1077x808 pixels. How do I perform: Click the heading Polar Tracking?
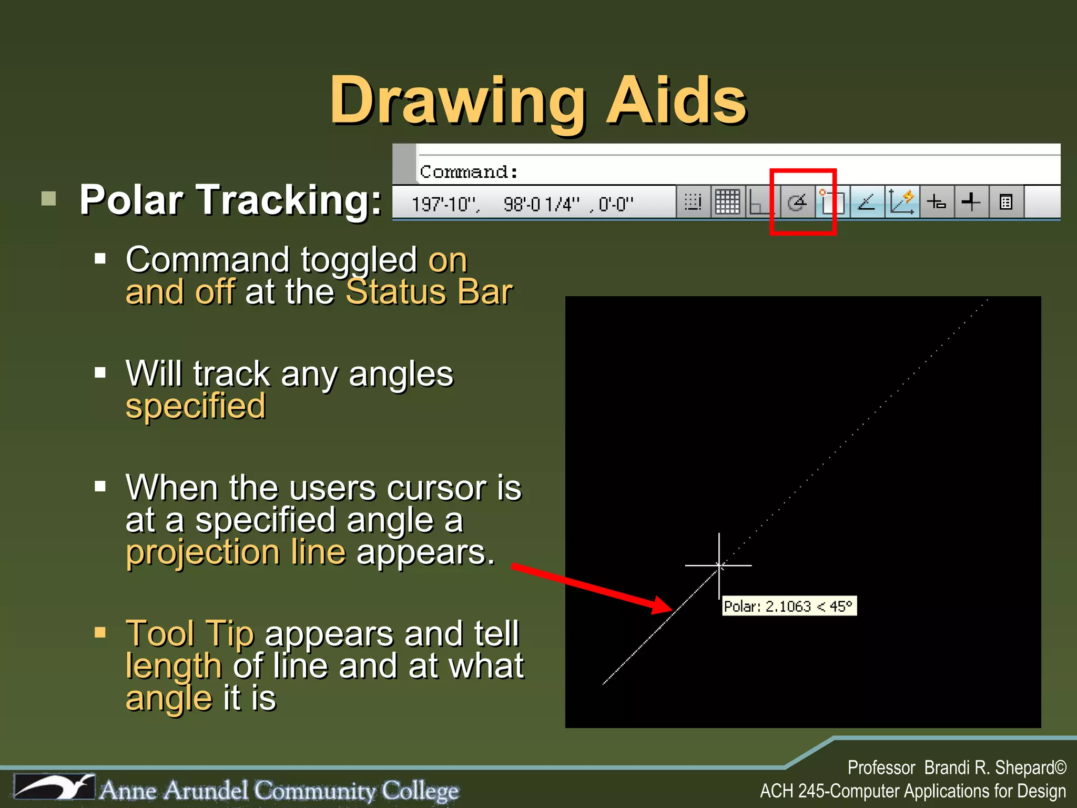(230, 200)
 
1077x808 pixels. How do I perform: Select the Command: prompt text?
(468, 172)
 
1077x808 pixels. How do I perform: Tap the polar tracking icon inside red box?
(797, 202)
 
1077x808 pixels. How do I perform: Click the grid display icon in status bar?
(727, 202)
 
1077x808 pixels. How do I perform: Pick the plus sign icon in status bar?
(971, 202)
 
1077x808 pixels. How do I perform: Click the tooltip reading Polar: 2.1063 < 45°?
(789, 606)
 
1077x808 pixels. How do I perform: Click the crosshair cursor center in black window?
(719, 565)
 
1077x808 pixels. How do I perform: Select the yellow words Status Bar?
(429, 292)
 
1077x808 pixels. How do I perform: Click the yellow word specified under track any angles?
(196, 406)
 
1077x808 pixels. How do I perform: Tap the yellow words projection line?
(236, 552)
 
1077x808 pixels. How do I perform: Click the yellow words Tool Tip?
(190, 633)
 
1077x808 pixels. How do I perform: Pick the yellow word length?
(174, 666)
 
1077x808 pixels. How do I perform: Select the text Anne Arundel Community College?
(279, 790)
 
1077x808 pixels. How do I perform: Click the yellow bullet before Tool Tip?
(100, 632)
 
